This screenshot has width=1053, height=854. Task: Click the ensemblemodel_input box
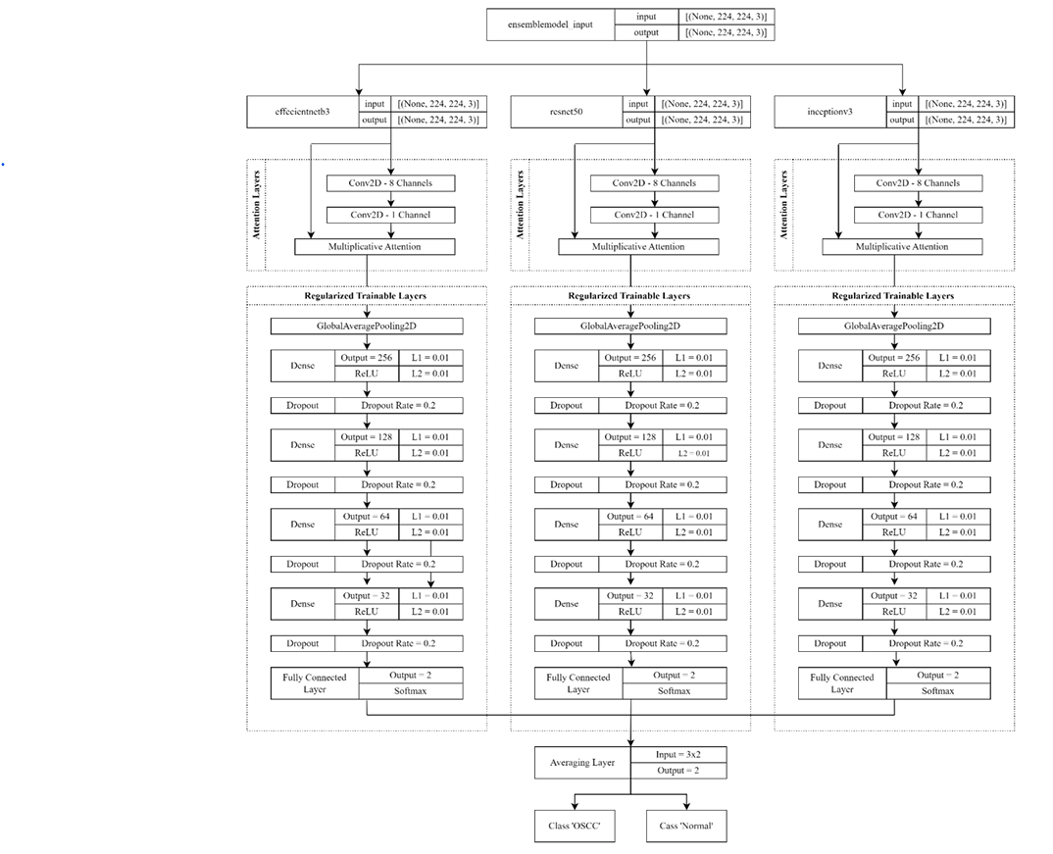coord(550,25)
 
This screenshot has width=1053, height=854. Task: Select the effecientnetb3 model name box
coord(303,111)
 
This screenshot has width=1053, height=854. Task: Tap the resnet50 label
coord(566,111)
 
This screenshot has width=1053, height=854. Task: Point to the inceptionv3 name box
coord(828,111)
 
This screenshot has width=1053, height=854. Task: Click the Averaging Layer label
coord(583,763)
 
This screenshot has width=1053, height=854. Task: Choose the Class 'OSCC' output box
coord(575,827)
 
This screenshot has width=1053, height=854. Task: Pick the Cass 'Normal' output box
coord(686,827)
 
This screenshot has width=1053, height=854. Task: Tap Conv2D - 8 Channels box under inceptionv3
coord(918,183)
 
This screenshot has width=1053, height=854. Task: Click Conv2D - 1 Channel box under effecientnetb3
coord(390,215)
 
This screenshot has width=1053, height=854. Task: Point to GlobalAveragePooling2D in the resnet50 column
coord(630,327)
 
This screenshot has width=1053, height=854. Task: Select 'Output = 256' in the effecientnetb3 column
coord(367,358)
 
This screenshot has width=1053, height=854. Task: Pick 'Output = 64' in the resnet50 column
coord(630,517)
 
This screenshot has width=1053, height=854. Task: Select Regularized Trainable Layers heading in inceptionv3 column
coord(892,295)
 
